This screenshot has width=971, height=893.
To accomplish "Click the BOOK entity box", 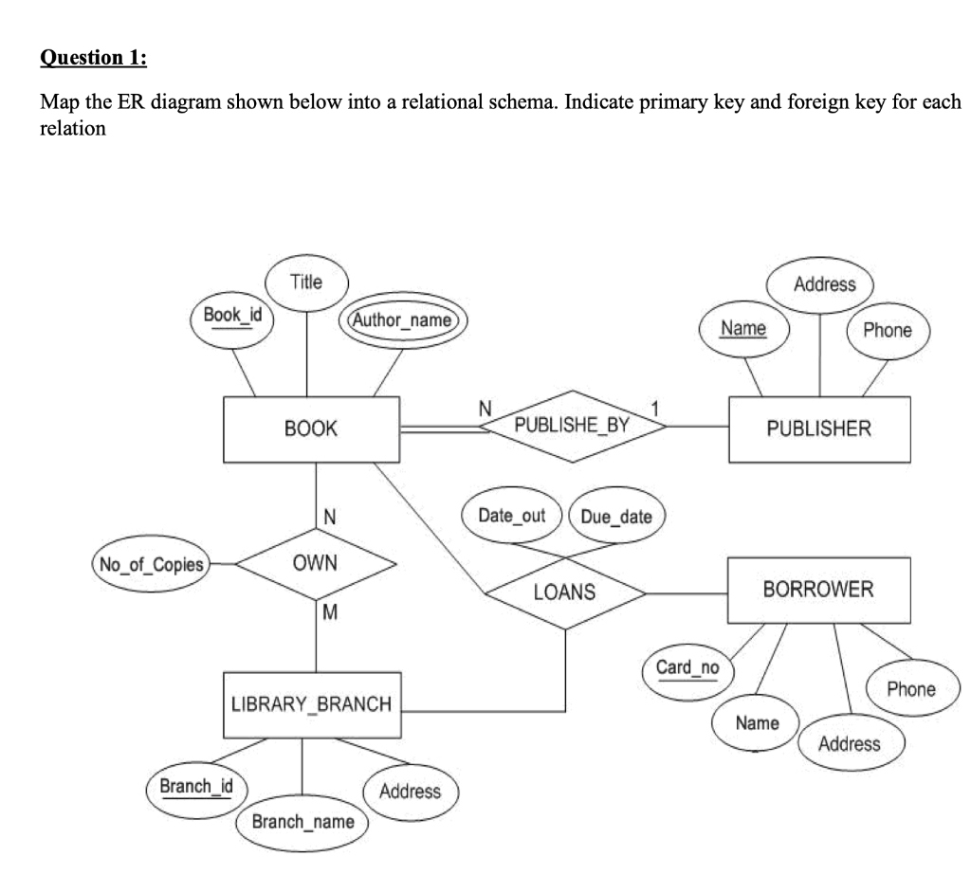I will [x=311, y=429].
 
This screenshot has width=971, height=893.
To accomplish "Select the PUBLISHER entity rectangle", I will [x=818, y=429].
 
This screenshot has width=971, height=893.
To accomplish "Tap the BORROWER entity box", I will [x=818, y=590].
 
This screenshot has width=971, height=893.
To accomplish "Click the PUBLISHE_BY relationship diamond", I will [x=572, y=426].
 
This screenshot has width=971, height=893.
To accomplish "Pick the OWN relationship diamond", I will [x=316, y=564].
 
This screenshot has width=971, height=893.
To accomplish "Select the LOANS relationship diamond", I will [x=565, y=593].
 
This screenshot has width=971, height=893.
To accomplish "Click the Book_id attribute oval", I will [x=232, y=315].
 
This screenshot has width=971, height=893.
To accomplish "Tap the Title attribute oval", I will [x=306, y=282].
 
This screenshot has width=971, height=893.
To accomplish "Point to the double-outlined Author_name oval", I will [x=403, y=320].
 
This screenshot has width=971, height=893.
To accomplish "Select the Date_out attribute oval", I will [x=512, y=516].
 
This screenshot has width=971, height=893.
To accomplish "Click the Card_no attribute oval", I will [x=687, y=668].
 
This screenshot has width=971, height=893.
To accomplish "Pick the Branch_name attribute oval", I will [x=302, y=821].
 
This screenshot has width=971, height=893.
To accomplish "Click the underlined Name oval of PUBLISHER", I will [x=743, y=329].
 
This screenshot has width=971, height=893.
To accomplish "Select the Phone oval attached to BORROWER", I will [x=910, y=689].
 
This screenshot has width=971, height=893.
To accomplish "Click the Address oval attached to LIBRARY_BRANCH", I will [x=410, y=791].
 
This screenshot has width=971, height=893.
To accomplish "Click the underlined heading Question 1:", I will [x=93, y=58].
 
